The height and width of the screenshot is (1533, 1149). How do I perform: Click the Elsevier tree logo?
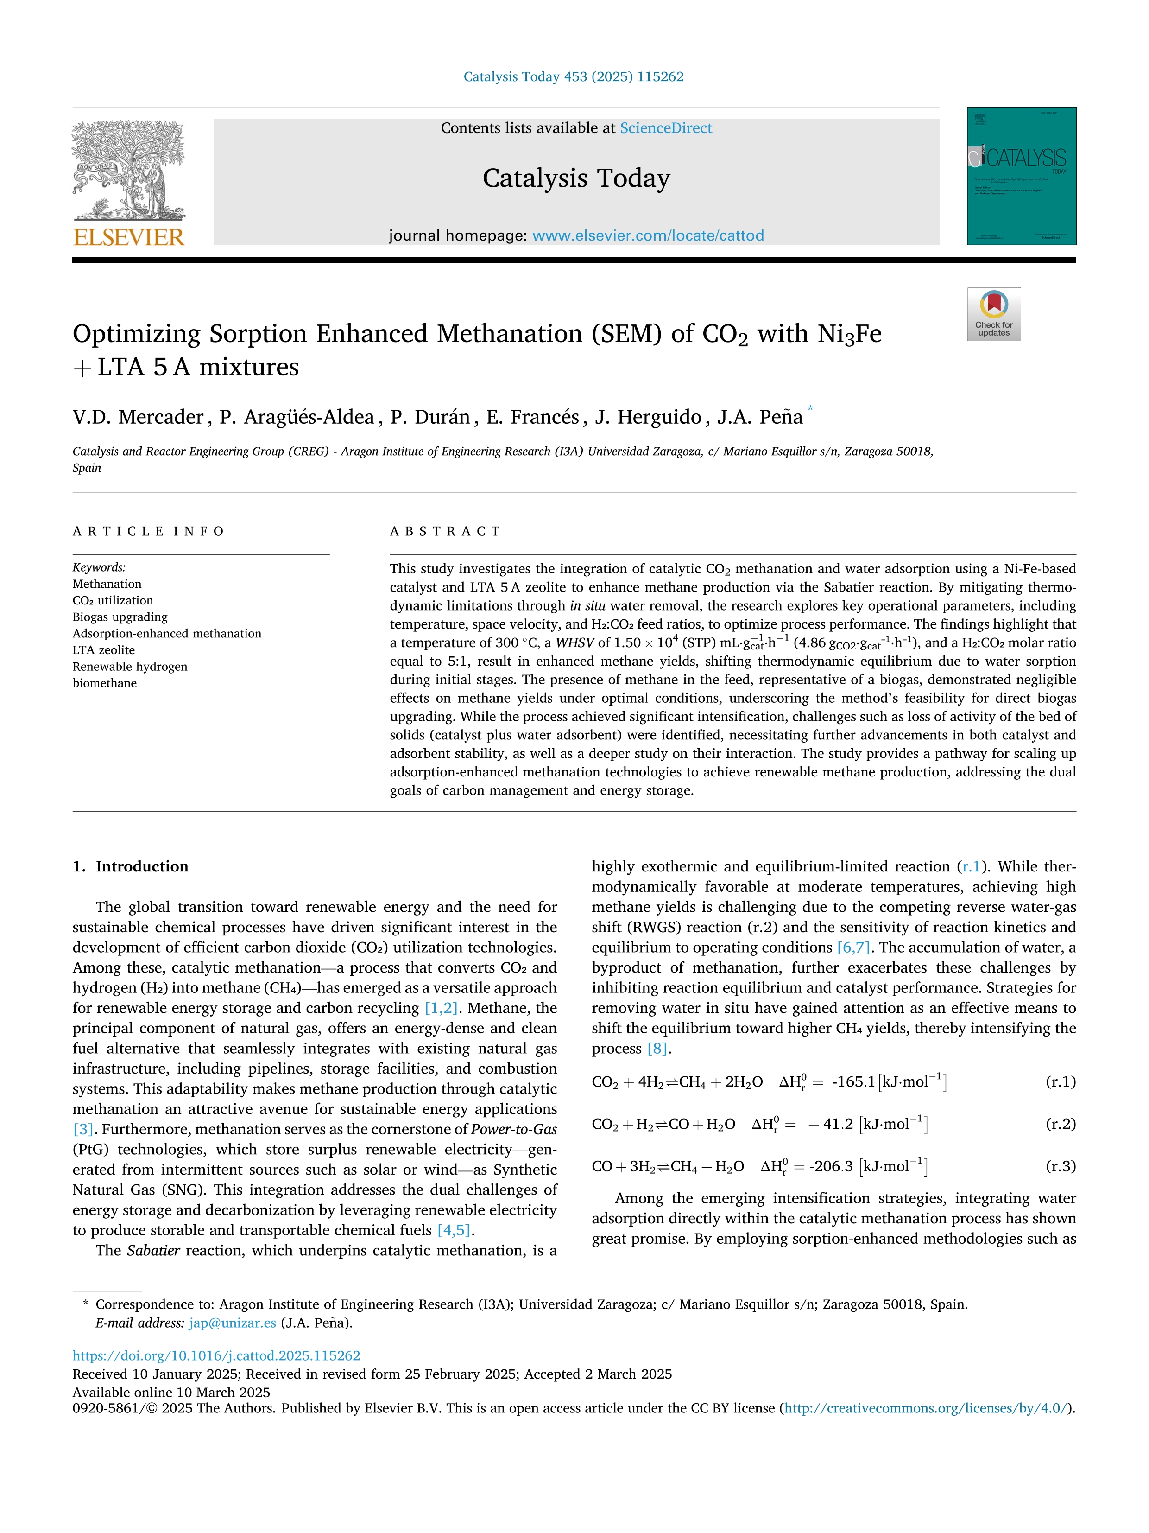pos(129,171)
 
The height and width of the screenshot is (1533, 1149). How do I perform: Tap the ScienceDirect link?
pos(666,128)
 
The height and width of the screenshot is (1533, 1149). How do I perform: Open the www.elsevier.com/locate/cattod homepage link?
pos(648,235)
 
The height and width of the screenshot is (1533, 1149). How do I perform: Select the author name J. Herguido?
pos(648,417)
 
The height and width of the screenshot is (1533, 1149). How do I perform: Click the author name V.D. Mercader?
pos(138,417)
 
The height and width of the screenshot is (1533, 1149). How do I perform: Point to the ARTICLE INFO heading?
pos(149,532)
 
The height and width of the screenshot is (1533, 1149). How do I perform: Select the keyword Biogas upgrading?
pos(120,617)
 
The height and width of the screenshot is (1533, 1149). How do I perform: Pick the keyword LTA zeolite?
pos(104,650)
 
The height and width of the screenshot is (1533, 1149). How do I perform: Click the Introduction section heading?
pos(141,866)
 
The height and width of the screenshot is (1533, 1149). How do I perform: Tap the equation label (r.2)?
pos(1061,1124)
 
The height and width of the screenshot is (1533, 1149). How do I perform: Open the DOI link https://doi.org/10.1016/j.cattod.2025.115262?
pos(216,1355)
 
